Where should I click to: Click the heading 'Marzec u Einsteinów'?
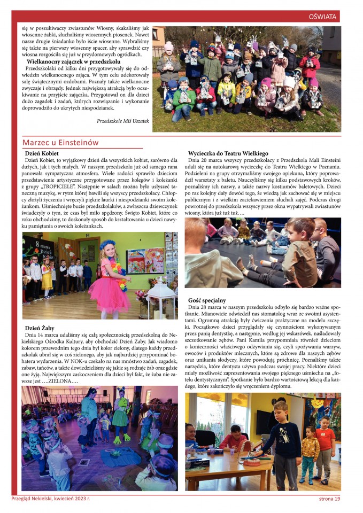point(60,142)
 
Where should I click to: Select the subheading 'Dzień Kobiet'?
point(42,153)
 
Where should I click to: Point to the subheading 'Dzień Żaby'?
point(40,328)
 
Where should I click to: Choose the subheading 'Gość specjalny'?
point(207,300)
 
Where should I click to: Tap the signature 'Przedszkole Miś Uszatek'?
point(123,121)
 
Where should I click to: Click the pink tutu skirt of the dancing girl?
point(109,293)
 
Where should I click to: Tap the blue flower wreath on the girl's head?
point(107,245)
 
